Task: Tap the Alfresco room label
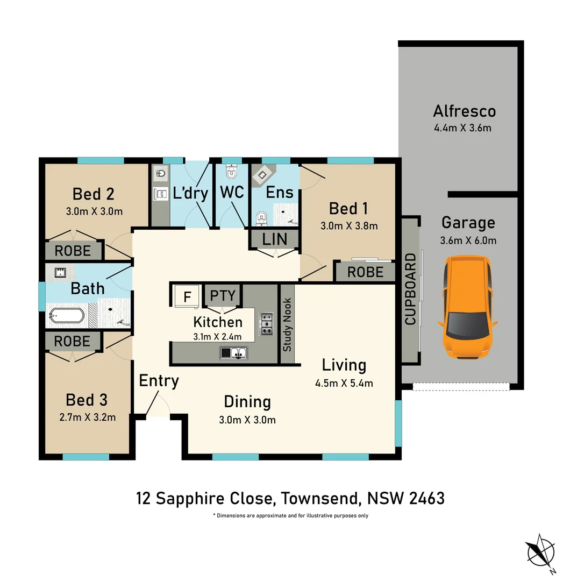tap(464, 111)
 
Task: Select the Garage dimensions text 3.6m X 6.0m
tap(468, 240)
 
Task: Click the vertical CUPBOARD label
tap(410, 289)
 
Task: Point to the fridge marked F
tap(187, 296)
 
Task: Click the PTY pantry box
tap(223, 296)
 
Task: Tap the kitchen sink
tap(233, 353)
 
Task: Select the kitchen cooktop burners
tap(266, 324)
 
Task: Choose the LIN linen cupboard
tap(274, 239)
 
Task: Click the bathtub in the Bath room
tap(66, 317)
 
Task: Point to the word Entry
tap(159, 381)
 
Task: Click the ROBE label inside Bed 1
tap(365, 272)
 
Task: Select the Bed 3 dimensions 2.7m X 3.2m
tap(87, 417)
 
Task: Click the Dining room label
tap(247, 402)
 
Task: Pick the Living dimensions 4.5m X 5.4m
tap(344, 384)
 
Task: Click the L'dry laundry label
tap(191, 194)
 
